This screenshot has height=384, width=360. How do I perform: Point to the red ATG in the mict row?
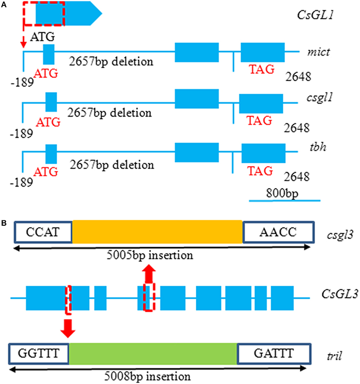pyautogui.click(x=46, y=73)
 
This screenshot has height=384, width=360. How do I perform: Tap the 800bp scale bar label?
pyautogui.click(x=283, y=192)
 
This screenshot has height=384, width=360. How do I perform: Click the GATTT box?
pyautogui.click(x=274, y=353)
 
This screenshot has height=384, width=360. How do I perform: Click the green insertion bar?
pyautogui.click(x=153, y=353)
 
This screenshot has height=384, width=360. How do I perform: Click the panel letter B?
pyautogui.click(x=4, y=223)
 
